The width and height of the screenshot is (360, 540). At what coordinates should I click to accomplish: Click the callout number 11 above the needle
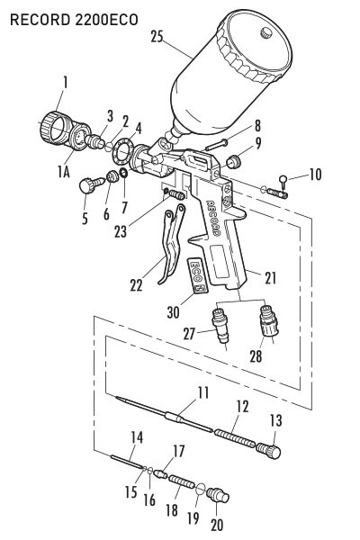tap(203, 393)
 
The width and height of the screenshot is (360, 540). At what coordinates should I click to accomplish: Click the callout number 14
tap(137, 438)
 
